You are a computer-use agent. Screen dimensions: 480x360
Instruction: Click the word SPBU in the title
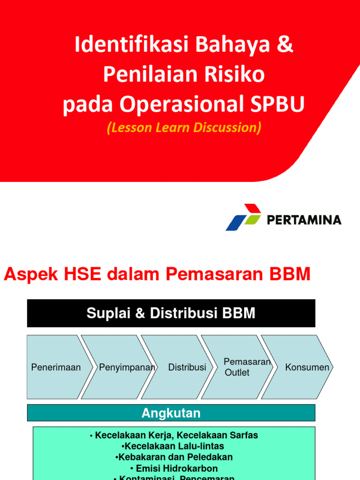click(280, 105)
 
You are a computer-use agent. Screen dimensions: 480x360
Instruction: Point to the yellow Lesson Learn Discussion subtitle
click(184, 127)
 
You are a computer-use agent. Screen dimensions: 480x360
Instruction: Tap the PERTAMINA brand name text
click(304, 219)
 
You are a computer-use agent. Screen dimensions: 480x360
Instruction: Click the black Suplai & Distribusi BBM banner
click(171, 314)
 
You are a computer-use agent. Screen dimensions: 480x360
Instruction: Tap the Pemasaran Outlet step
click(239, 367)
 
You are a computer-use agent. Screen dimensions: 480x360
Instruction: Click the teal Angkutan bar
click(171, 413)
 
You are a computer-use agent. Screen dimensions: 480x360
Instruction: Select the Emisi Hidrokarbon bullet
click(174, 468)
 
